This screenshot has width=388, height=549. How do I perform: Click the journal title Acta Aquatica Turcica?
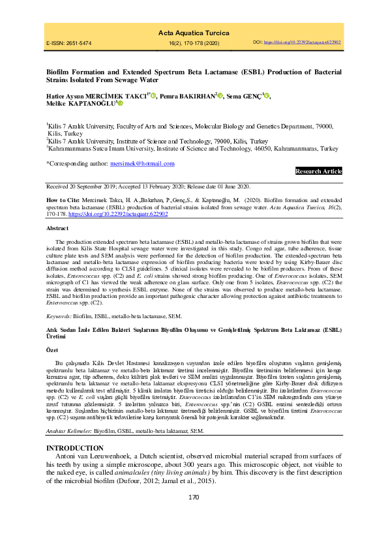[193, 31]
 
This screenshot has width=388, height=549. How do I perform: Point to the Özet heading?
[53, 350]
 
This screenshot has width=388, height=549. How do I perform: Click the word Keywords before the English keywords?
[59, 316]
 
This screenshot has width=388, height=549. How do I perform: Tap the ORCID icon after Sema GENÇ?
[268, 95]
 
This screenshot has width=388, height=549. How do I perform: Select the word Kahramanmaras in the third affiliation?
[73, 149]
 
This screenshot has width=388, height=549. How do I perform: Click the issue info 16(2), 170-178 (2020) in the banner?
[193, 43]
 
